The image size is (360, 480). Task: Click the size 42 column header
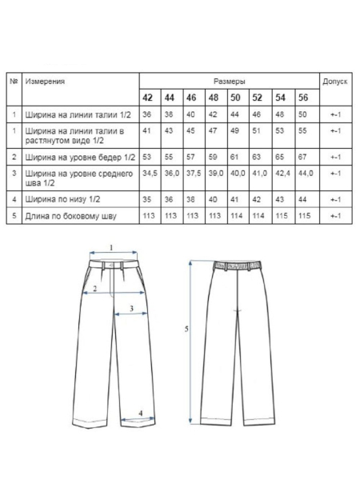tap(147, 98)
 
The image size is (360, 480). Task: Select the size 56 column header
tap(302, 98)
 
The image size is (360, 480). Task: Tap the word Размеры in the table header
tap(230, 82)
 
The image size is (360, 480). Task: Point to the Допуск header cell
tap(334, 82)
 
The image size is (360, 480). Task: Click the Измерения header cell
tap(45, 82)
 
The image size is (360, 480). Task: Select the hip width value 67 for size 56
tap(302, 154)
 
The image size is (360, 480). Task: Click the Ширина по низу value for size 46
tap(191, 198)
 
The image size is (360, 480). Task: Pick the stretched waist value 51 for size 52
tap(258, 133)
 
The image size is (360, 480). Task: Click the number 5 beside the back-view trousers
tap(186, 329)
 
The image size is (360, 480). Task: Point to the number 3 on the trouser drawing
tap(130, 308)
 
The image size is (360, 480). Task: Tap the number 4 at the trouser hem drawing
tap(141, 413)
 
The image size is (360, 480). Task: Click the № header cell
tap(14, 82)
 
